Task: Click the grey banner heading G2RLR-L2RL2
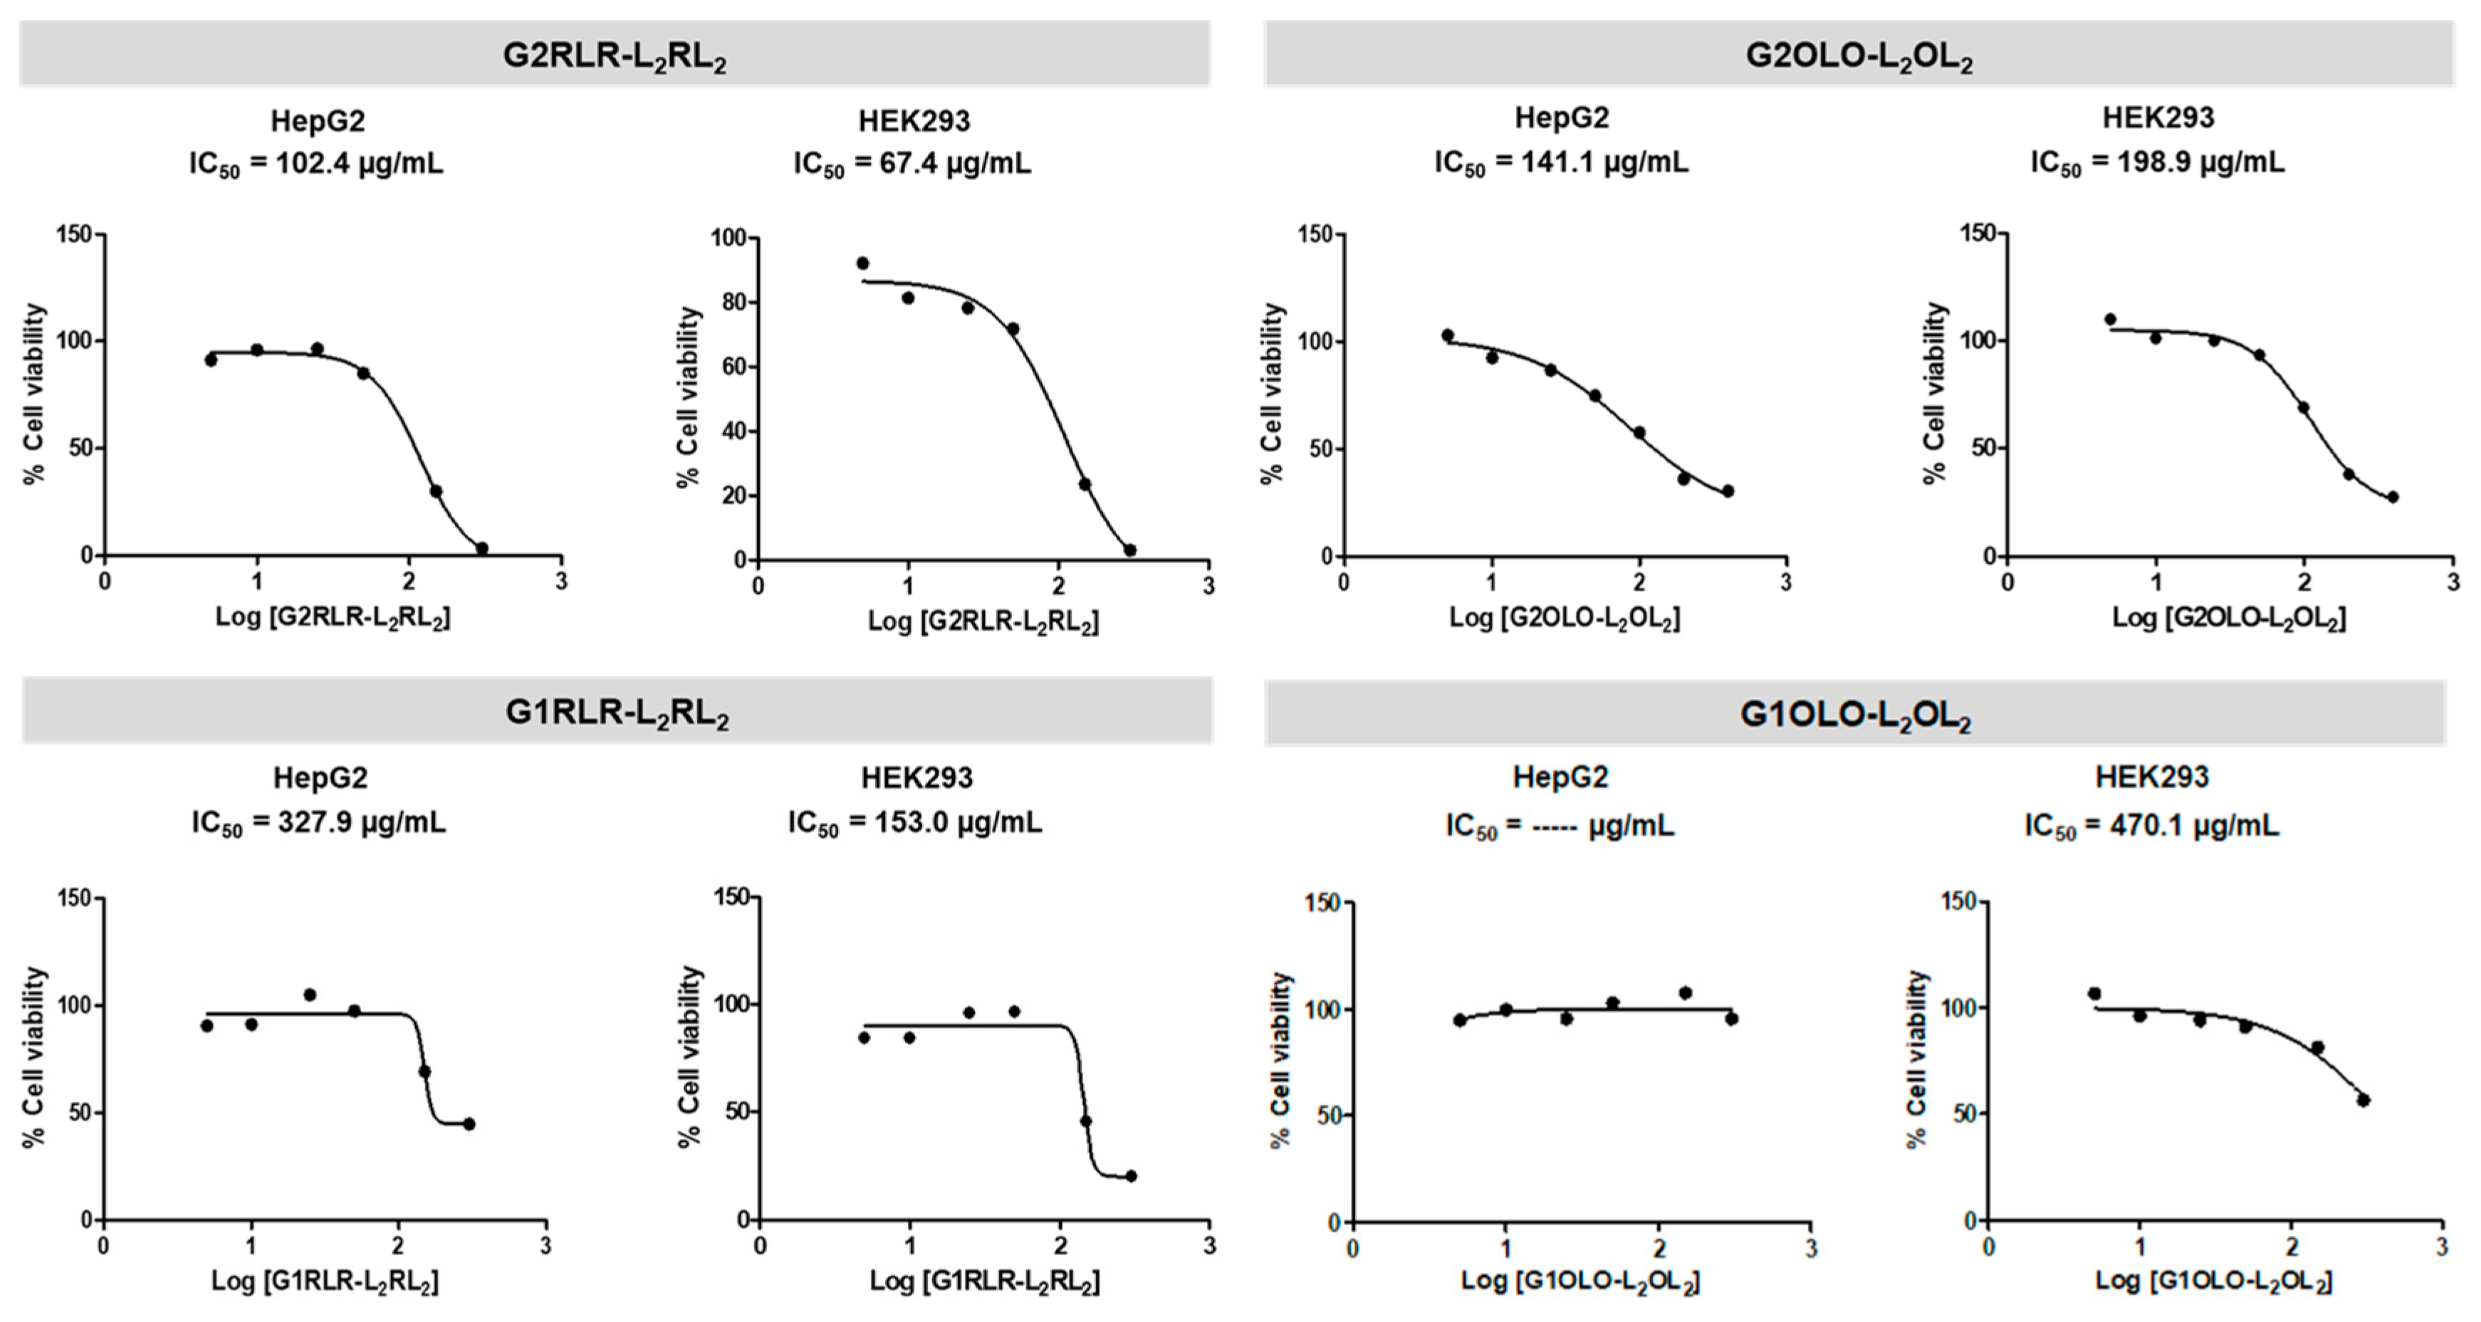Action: (x=615, y=55)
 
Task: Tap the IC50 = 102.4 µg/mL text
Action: (x=316, y=164)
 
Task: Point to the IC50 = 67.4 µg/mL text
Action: (x=912, y=164)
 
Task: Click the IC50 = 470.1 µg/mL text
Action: (x=2151, y=825)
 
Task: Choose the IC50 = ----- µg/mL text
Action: (x=1560, y=826)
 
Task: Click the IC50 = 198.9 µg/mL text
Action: (x=2158, y=161)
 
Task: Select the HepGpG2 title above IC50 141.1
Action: (x=1561, y=117)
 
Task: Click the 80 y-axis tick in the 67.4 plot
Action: (x=734, y=303)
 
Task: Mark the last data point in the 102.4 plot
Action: (x=481, y=548)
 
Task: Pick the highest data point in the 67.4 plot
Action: (x=863, y=263)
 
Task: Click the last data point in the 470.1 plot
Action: (x=2363, y=1100)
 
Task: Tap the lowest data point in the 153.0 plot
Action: (x=1131, y=1175)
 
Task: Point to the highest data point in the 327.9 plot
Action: (x=310, y=995)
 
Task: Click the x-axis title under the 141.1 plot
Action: (x=1564, y=618)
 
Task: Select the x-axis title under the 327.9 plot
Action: (x=325, y=1281)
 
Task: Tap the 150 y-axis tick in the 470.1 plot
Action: (x=1958, y=901)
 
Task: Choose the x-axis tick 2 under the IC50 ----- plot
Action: (x=1659, y=1249)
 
